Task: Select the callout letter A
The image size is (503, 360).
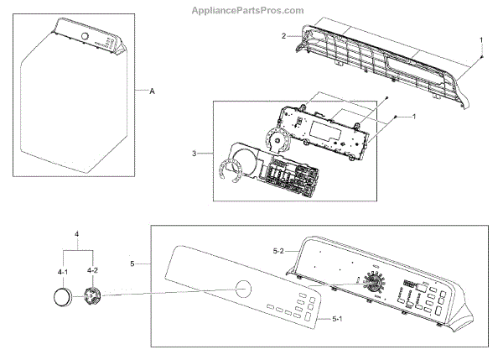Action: pyautogui.click(x=152, y=89)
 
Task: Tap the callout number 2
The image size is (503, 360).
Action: pyautogui.click(x=284, y=35)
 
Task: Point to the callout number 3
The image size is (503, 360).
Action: pyautogui.click(x=194, y=153)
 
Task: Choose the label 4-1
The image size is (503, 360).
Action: pyautogui.click(x=62, y=271)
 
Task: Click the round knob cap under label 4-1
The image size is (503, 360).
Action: pyautogui.click(x=62, y=298)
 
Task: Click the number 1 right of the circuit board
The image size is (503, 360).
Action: pyautogui.click(x=413, y=117)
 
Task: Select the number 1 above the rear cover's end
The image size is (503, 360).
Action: pyautogui.click(x=480, y=39)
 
